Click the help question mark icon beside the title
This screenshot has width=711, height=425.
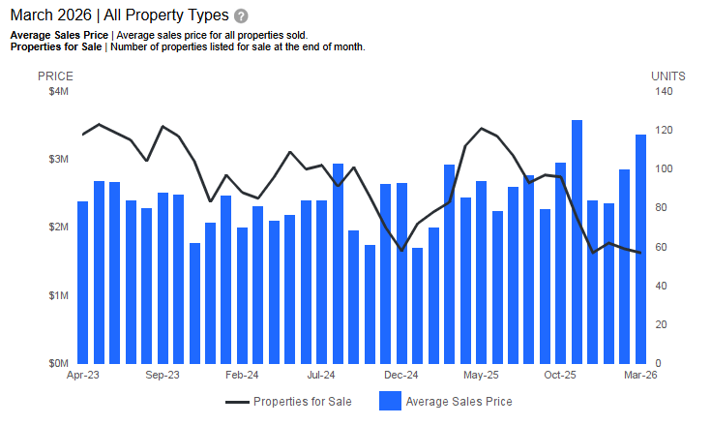(241, 16)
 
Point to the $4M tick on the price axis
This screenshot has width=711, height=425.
(58, 92)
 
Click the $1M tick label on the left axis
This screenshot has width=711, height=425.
(58, 295)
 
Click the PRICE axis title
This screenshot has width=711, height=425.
(55, 76)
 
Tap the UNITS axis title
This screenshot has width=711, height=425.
(667, 76)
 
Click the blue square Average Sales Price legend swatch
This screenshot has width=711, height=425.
(390, 401)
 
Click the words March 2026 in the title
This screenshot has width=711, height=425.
(50, 15)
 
